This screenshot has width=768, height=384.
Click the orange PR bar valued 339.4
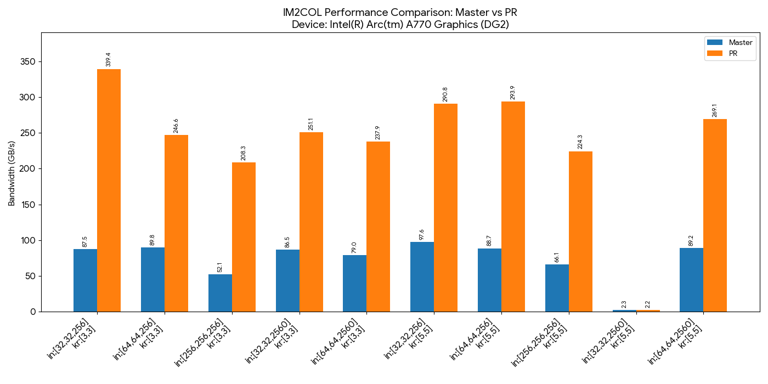(109, 190)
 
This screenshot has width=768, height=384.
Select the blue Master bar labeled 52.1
(220, 293)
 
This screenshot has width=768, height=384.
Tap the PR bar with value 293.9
(513, 206)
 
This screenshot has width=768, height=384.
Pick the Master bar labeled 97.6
(422, 276)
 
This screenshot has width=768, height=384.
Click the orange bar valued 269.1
(715, 215)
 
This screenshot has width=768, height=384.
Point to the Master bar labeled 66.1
(557, 288)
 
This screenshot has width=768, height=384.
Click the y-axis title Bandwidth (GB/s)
(12, 172)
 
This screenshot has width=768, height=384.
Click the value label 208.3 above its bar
(244, 153)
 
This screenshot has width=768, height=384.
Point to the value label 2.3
(624, 304)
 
